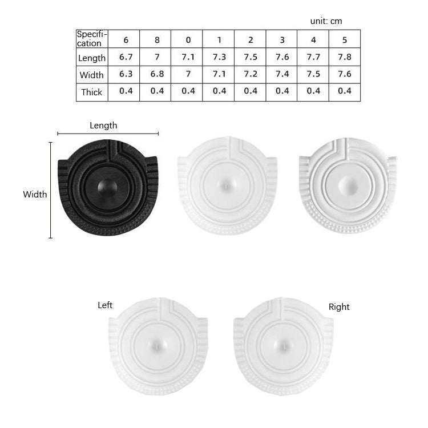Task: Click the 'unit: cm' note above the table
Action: click(326, 21)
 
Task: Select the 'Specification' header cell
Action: click(92, 39)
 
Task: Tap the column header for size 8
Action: click(157, 40)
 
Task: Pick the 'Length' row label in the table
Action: click(92, 58)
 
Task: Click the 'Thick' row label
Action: click(92, 92)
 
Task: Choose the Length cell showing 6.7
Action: click(126, 57)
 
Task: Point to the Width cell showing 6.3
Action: click(126, 74)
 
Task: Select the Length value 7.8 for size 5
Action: click(345, 57)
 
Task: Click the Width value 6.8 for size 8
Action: click(157, 74)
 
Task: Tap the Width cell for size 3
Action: click(282, 74)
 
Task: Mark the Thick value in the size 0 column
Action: click(188, 91)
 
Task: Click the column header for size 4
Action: click(313, 40)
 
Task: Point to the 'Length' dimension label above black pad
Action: click(103, 126)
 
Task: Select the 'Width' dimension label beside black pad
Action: click(35, 194)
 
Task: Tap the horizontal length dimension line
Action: click(108, 134)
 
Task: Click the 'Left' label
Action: click(105, 305)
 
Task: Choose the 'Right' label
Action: click(339, 307)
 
